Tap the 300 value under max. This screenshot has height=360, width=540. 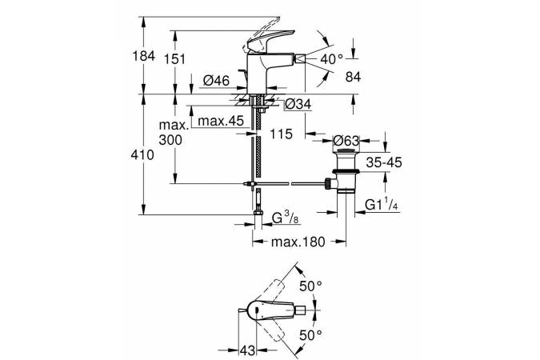click(x=171, y=139)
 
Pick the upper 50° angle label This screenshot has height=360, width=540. click(x=310, y=284)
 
